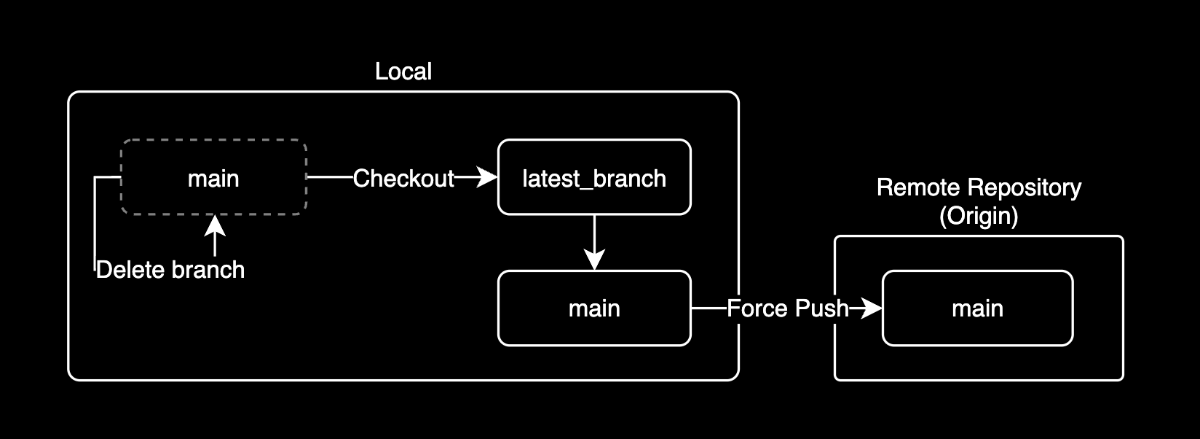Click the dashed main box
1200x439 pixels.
(213, 178)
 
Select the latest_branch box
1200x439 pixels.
(594, 178)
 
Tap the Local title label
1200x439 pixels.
(403, 71)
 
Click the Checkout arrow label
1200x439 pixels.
(403, 178)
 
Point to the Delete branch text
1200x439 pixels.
(170, 270)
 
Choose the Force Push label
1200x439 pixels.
(788, 308)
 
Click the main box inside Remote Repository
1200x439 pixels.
(977, 308)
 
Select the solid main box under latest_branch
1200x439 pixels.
(594, 308)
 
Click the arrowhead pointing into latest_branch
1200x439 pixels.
(488, 177)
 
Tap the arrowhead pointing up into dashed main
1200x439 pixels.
(214, 223)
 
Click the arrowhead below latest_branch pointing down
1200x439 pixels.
(595, 260)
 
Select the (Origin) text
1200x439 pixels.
(979, 216)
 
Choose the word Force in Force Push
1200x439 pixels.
(757, 308)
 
